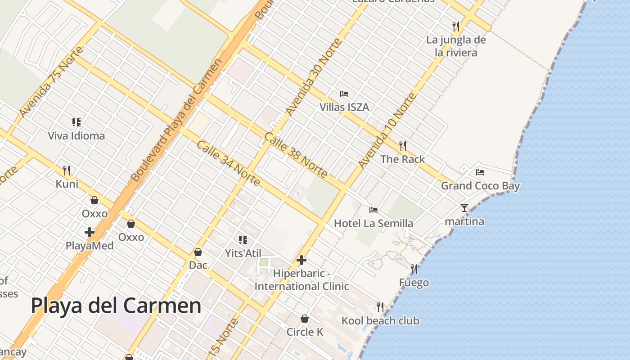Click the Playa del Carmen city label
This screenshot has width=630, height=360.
coord(116,306)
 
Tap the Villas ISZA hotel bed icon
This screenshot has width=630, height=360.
coord(344,94)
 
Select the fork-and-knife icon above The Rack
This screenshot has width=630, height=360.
coord(403,146)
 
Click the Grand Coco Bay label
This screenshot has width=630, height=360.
coord(480,186)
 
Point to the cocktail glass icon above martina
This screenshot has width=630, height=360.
coord(464,208)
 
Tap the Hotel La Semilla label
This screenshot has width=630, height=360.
coord(373,223)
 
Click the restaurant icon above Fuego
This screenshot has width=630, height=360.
coord(414,269)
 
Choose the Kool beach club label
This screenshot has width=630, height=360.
coord(380,321)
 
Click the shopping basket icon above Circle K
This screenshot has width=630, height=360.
coord(305,319)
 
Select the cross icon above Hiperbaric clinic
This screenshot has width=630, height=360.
coord(301,260)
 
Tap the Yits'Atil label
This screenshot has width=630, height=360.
coord(243,253)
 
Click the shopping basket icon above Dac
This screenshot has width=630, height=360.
coord(198,252)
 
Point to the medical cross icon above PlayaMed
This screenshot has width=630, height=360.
coord(90,232)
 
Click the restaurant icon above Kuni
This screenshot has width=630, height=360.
coord(67,170)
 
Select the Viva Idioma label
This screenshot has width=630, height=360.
coord(76,136)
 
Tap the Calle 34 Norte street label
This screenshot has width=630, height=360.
coord(229,163)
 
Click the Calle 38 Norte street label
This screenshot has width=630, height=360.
coord(296,155)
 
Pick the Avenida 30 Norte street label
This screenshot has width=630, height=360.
coord(314,77)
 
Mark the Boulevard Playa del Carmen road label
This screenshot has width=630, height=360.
coord(176,121)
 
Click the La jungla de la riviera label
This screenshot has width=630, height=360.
coord(456,46)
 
